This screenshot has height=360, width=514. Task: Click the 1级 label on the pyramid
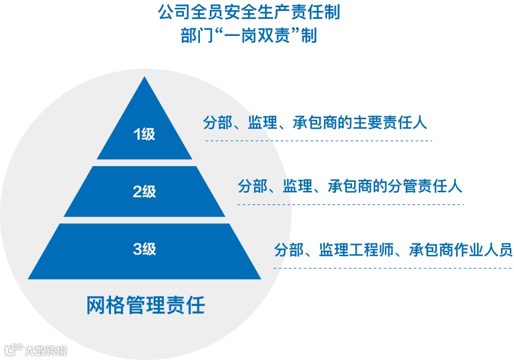[x=144, y=134]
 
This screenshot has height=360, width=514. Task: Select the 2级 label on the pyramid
[x=144, y=192]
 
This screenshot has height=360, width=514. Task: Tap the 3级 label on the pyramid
[x=144, y=249]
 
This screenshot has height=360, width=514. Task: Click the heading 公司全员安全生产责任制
[x=248, y=13]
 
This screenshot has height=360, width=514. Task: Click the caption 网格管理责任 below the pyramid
[x=145, y=305]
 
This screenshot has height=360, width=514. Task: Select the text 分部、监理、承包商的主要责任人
[x=315, y=123]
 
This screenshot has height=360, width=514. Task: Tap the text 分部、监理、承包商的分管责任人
[x=350, y=186]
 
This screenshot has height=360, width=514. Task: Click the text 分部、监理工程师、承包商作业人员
[x=393, y=250]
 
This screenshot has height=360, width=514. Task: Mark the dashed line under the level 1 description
[x=318, y=141]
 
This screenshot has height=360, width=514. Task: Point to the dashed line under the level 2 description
[x=350, y=204]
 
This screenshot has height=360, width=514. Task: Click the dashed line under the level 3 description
[x=393, y=268]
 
